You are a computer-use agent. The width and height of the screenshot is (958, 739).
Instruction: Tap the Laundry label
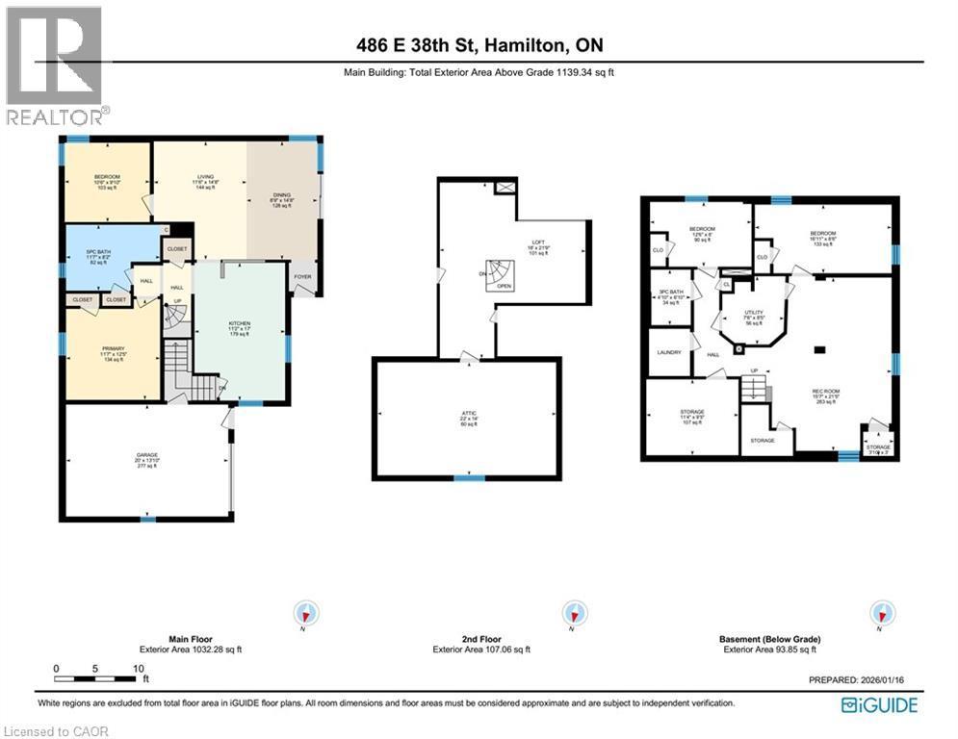668,352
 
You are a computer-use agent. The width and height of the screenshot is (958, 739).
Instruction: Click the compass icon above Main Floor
308,613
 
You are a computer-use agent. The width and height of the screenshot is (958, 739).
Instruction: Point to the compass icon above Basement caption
881,613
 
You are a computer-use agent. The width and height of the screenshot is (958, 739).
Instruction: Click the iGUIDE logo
879,705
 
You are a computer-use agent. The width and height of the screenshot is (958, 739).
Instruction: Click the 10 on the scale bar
138,668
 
